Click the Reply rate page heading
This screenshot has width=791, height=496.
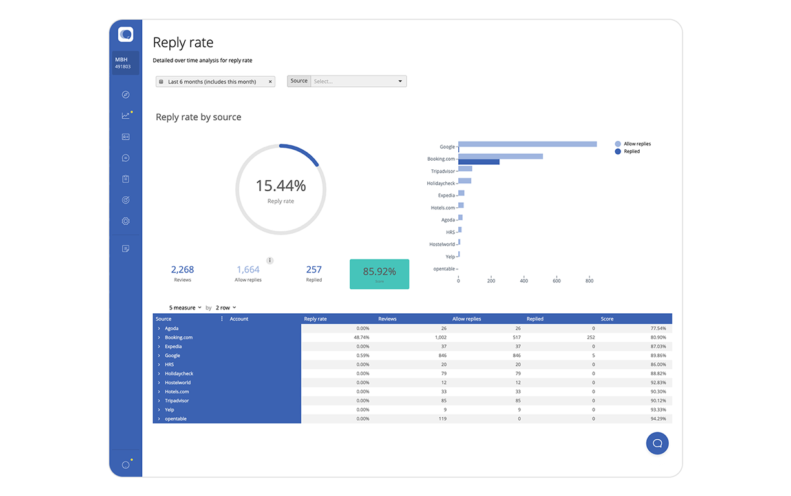pos(183,43)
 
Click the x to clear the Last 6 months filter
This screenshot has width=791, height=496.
pos(270,82)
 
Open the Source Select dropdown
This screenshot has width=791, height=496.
pos(358,81)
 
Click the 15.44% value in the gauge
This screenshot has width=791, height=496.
pos(280,186)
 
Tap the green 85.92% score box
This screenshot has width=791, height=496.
pos(379,274)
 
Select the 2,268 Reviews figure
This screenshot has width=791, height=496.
pos(182,270)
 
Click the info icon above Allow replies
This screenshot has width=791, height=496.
pos(269,260)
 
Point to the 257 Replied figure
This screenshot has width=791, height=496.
pos(314,270)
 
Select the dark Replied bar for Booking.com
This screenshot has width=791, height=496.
pos(479,161)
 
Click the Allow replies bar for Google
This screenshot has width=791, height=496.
pos(527,144)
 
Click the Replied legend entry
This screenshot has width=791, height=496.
pos(631,151)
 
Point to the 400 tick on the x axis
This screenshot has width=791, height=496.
pos(524,281)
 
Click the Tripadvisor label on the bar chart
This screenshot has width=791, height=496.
pos(443,171)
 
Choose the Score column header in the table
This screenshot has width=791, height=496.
pos(607,319)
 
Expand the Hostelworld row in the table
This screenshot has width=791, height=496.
pos(159,382)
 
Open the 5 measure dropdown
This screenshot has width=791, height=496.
pos(185,307)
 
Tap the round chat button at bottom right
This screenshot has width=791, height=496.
pos(657,443)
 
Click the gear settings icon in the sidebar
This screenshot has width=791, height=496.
pos(125,222)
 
